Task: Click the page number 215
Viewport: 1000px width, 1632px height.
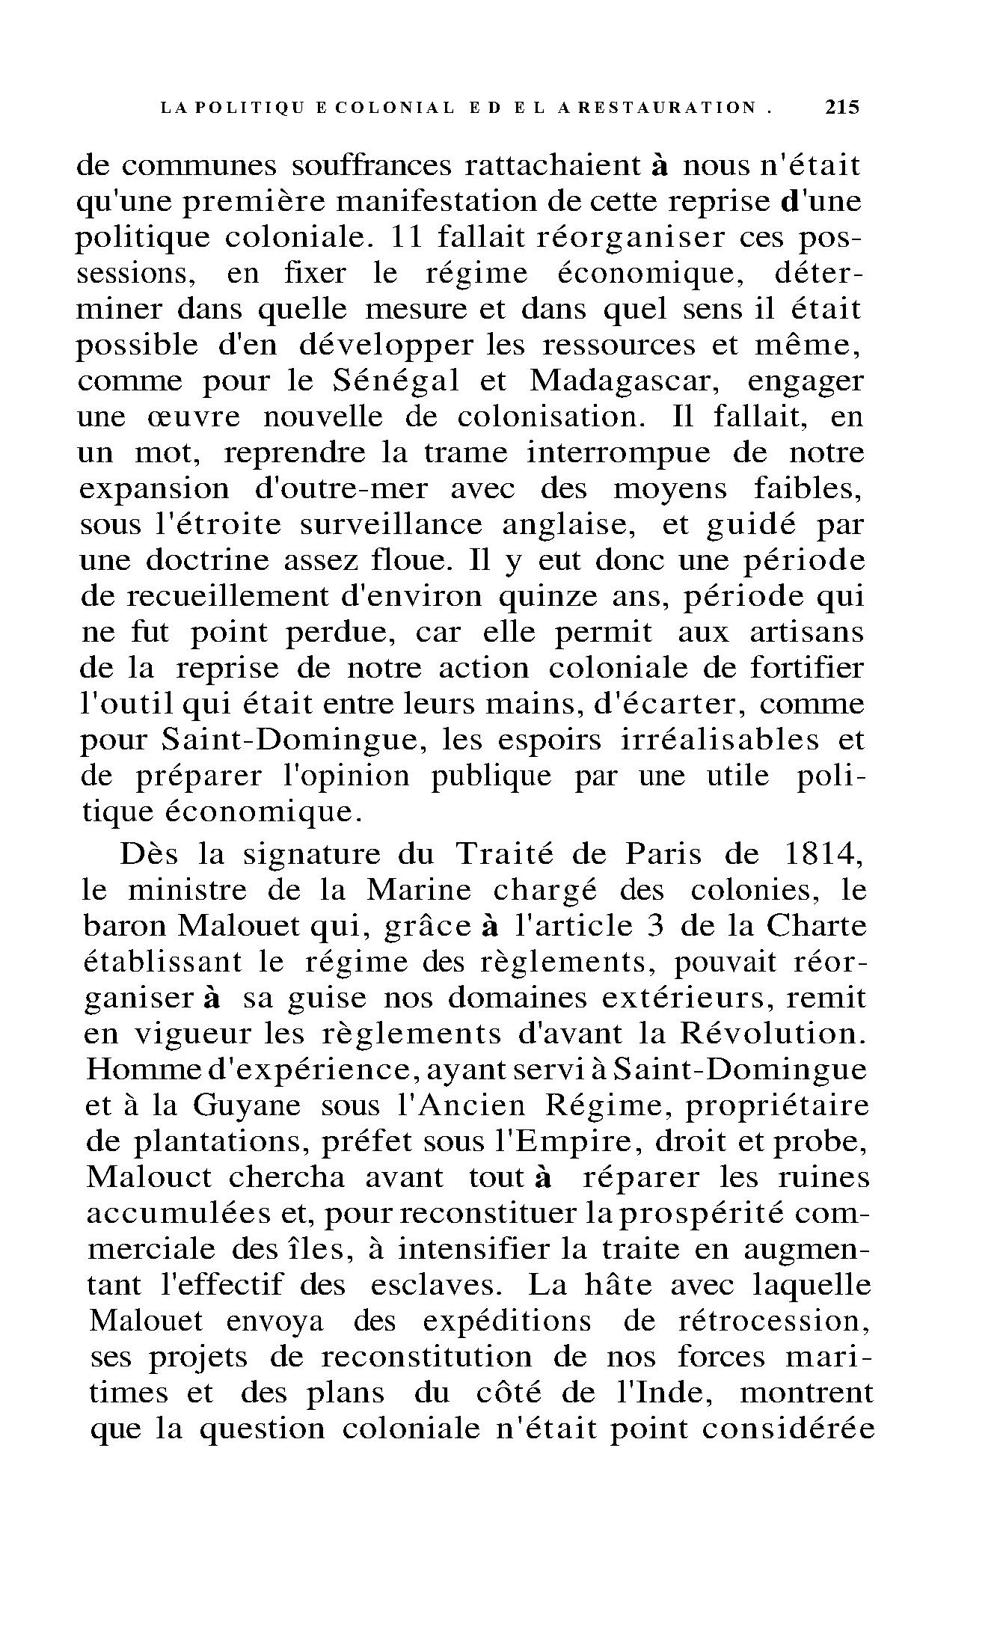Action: (x=843, y=107)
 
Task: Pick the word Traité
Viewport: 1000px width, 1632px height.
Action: (x=503, y=854)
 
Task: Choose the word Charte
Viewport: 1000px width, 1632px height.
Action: (x=818, y=927)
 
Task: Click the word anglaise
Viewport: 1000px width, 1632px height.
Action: (x=568, y=525)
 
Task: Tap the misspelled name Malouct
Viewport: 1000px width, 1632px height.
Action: (x=150, y=1178)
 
